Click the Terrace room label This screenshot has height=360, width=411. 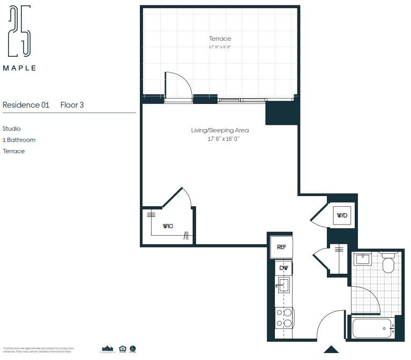click(220, 39)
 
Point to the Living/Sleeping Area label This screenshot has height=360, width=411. click(220, 130)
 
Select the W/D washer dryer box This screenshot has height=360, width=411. click(342, 216)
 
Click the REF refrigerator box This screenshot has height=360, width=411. click(281, 247)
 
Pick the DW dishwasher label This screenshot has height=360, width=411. click(284, 268)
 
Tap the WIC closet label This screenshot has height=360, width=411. click(168, 226)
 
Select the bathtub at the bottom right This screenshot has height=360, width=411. click(372, 328)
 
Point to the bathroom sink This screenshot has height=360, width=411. click(363, 259)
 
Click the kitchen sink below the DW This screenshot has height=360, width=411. click(283, 286)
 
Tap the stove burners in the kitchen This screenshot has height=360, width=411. click(283, 317)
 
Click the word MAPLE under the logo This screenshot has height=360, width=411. click(20, 68)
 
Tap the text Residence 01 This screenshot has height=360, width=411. click(26, 105)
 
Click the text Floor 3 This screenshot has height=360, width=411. click(72, 105)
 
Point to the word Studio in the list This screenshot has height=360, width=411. click(11, 129)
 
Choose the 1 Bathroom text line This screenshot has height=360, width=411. click(19, 140)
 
